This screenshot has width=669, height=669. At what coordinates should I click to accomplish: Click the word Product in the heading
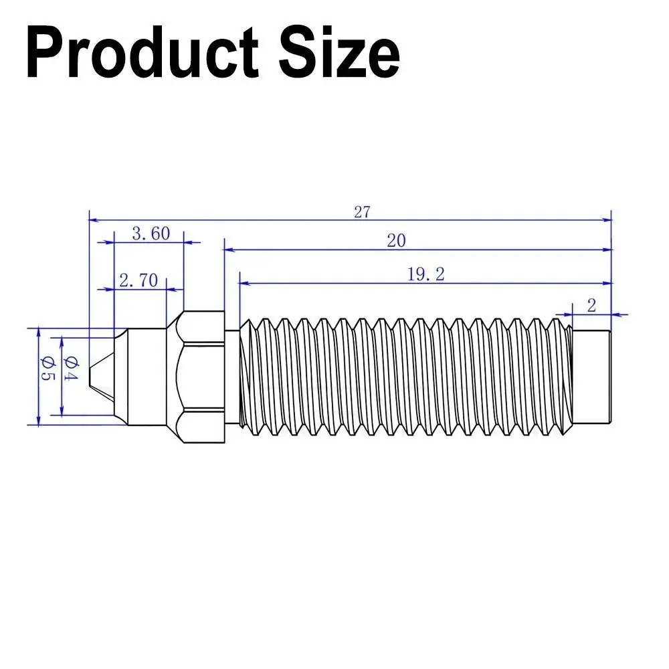pyautogui.click(x=142, y=54)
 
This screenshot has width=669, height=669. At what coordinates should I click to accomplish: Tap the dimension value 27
pyautogui.click(x=362, y=212)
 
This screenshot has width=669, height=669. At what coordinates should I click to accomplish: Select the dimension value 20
pyautogui.click(x=396, y=241)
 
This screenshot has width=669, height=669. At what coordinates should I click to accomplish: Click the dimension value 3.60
pyautogui.click(x=151, y=233)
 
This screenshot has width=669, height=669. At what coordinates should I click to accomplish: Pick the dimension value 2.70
pyautogui.click(x=138, y=280)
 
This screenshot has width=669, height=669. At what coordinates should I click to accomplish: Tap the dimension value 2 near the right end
pyautogui.click(x=591, y=306)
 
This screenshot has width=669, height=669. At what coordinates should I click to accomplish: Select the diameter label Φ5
pyautogui.click(x=45, y=375)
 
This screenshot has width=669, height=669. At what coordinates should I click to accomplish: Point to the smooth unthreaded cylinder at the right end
pyautogui.click(x=592, y=376)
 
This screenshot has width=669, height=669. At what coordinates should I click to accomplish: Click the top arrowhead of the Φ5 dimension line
pyautogui.click(x=38, y=332)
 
